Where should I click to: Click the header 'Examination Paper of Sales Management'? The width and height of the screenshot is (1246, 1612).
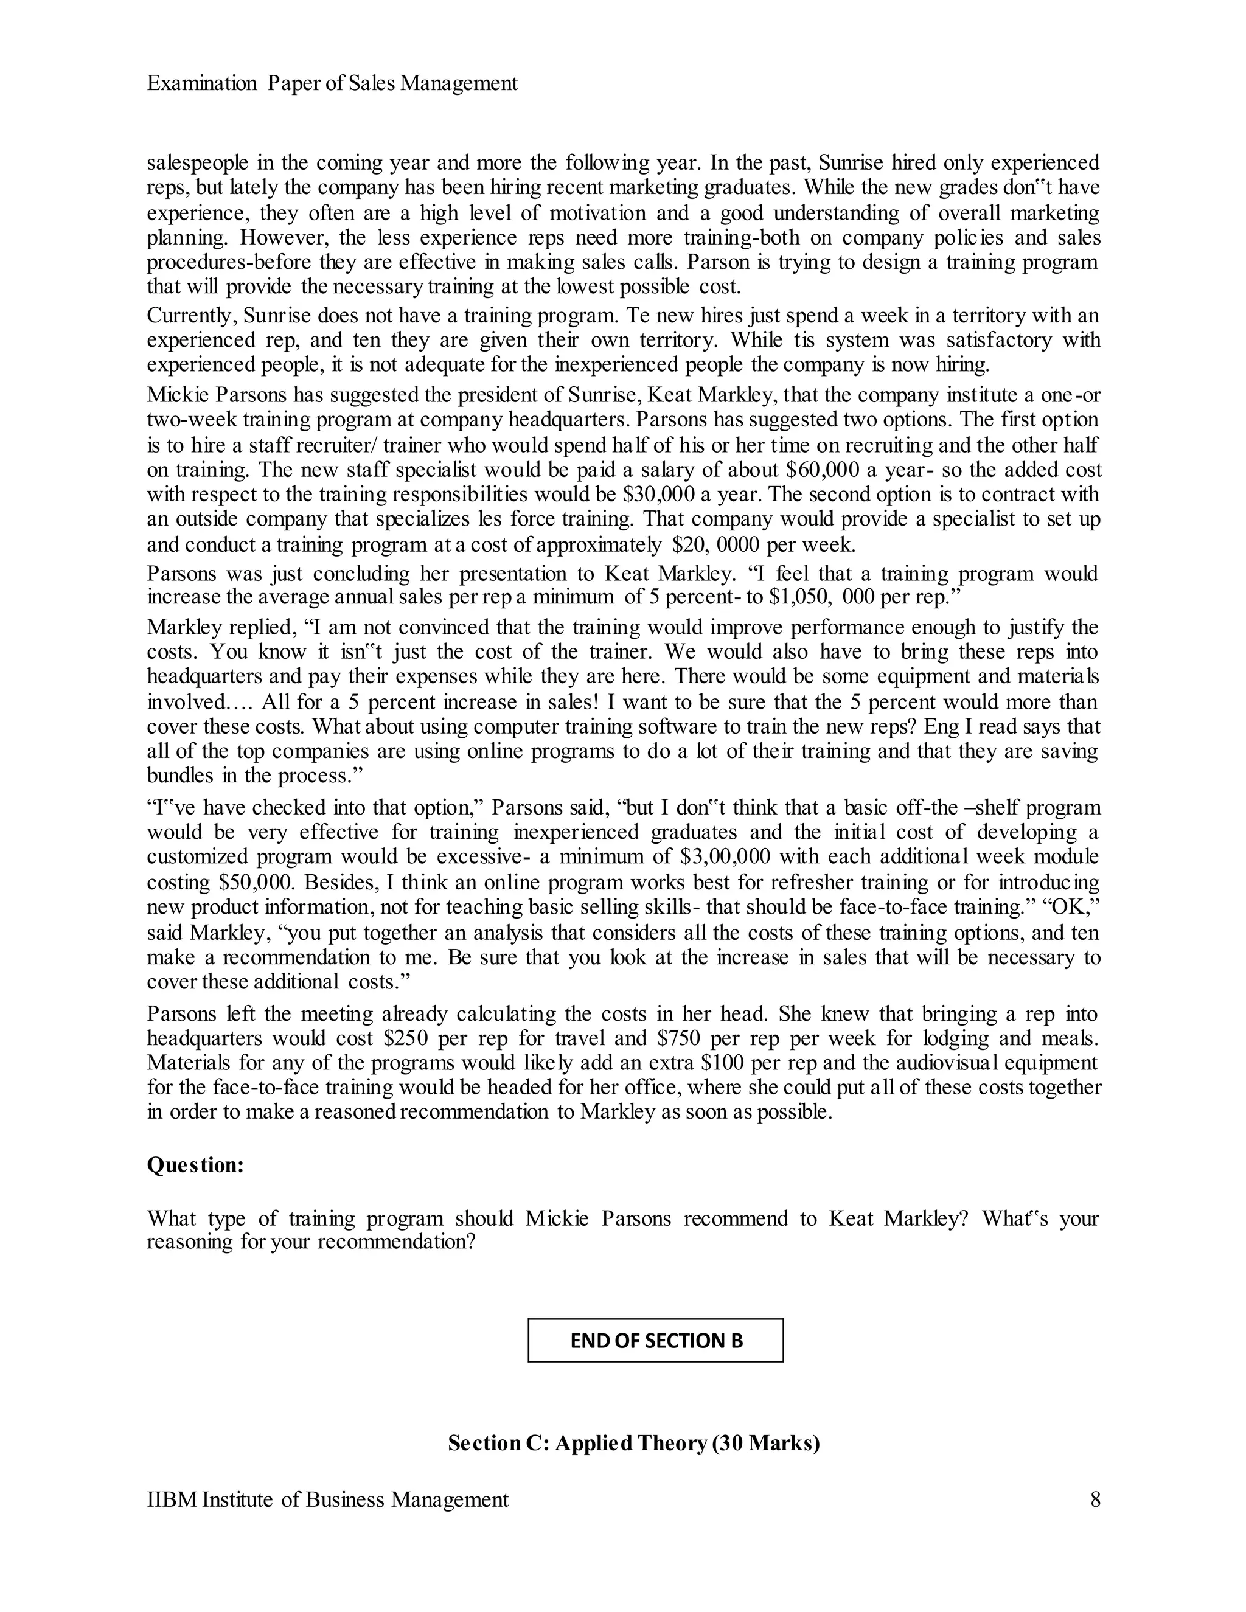(332, 83)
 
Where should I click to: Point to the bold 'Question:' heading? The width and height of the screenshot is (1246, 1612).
(196, 1165)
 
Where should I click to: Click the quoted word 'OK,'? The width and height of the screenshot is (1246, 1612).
(1070, 907)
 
